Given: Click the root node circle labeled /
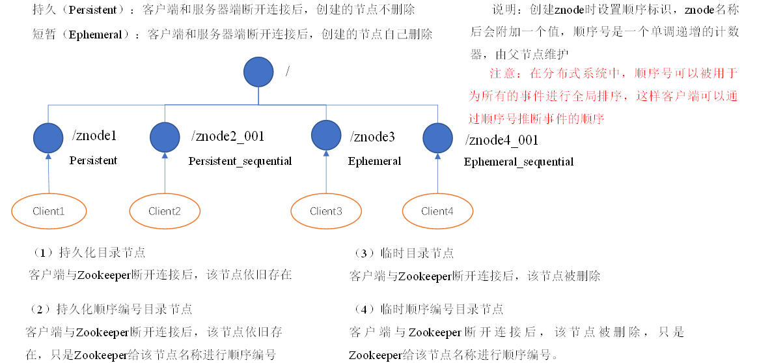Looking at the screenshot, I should [258, 72].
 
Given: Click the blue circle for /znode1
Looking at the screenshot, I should [48, 138].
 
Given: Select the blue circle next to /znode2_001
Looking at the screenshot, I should [165, 138].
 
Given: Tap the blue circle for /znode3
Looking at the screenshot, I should [326, 135].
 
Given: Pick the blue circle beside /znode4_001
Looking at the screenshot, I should [437, 138].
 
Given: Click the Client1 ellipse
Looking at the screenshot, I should [49, 211].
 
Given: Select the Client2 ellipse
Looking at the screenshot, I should [164, 211].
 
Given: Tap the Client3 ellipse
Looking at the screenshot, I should [326, 211].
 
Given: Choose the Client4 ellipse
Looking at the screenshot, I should [437, 211].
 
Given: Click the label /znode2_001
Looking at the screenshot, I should [228, 136].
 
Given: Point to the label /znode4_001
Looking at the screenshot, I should [501, 140].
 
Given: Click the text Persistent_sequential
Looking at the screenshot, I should [240, 161].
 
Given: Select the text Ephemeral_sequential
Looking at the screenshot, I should [519, 162].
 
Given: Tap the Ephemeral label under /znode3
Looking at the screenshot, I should [374, 161].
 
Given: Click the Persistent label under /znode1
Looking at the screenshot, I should [94, 160].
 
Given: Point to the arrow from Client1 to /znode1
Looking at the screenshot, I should [49, 174].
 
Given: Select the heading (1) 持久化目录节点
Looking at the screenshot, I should [88, 253].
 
